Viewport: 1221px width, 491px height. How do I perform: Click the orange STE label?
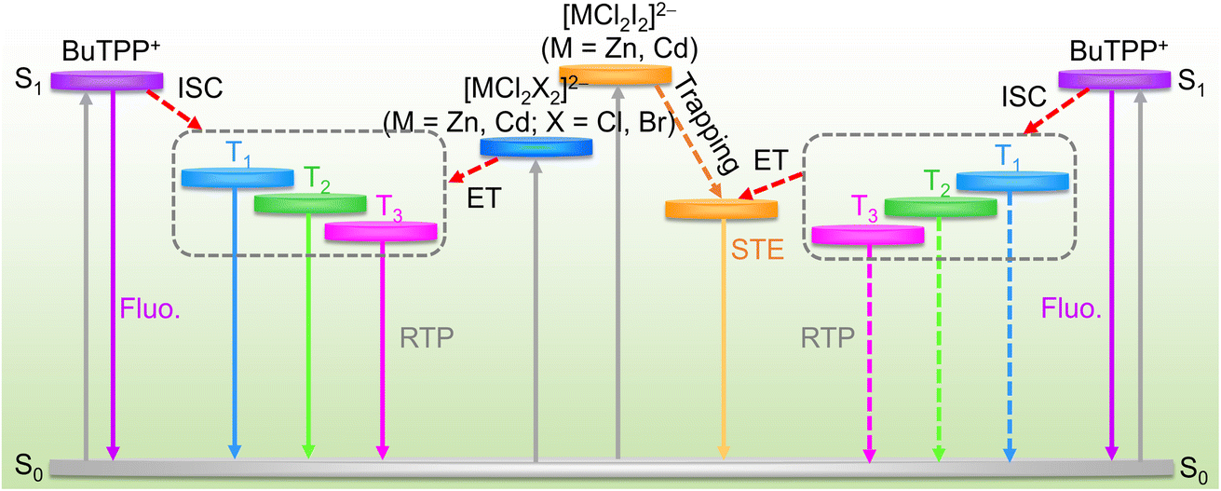coord(757,250)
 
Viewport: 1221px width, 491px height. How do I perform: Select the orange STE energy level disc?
coord(721,210)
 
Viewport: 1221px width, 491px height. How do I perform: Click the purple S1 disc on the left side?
coord(107,81)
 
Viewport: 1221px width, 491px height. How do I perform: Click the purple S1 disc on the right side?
coord(1114,79)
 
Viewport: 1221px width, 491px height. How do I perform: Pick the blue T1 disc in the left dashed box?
coord(237,178)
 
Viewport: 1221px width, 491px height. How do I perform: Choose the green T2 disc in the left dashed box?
coord(310,203)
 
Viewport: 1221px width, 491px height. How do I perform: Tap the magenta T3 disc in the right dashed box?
coord(868,235)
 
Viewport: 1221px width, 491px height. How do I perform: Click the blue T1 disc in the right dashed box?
coord(1012,181)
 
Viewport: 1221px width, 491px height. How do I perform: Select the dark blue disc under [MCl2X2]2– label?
coord(536,147)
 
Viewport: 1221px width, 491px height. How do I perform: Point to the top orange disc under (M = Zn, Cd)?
coord(616,75)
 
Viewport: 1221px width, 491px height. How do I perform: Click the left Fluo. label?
coord(150,308)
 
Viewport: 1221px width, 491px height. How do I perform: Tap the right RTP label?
coord(827,338)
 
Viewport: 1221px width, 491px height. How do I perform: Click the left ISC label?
coord(200,88)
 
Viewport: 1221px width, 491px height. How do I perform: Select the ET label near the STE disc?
coord(771,160)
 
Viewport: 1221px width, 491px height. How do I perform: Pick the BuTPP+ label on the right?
coord(1119,51)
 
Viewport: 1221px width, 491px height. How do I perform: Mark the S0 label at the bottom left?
coord(29,467)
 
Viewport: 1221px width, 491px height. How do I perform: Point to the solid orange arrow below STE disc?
coord(724,339)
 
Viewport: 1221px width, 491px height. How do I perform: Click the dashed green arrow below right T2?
coord(939,339)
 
